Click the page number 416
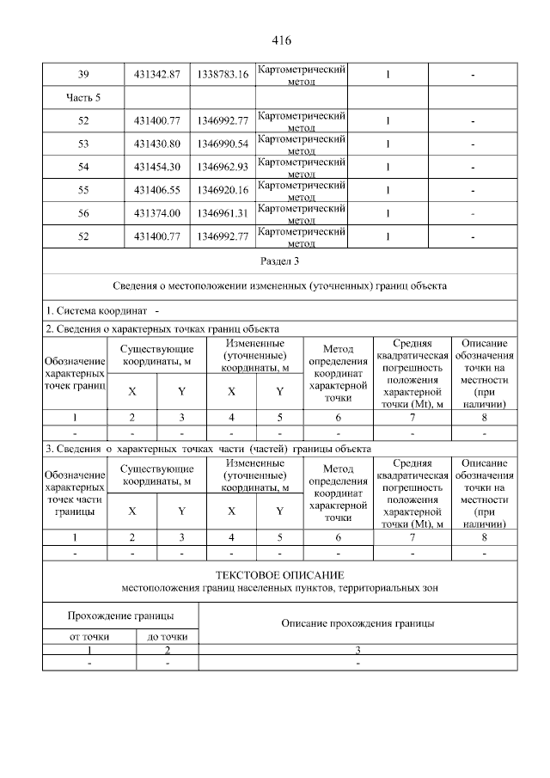281,40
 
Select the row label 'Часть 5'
83,97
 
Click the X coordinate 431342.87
157,75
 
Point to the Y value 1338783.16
222,75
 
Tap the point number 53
83,144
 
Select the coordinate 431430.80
157,144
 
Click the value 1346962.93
222,166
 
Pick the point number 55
83,189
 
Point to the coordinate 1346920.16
222,189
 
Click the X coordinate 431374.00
157,212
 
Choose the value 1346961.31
222,212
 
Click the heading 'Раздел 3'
280,259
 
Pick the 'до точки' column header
167,636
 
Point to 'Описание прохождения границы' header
357,622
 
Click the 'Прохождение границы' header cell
120,616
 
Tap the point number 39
83,75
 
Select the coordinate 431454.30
157,166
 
